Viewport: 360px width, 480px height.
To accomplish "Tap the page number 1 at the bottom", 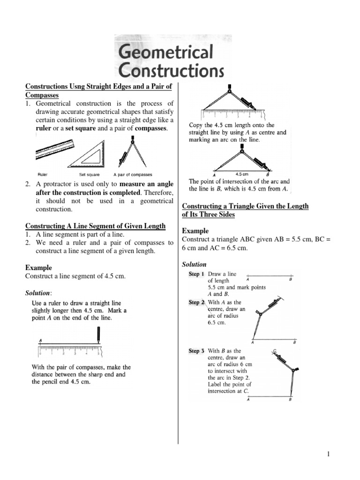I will [x=330, y=454].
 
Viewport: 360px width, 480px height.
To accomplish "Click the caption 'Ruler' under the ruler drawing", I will [x=42, y=174].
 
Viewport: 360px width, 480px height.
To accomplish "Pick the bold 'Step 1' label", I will [x=196, y=274].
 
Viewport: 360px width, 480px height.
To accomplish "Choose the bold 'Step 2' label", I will [x=196, y=303].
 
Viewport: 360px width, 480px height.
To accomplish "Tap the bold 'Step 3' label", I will [x=196, y=351].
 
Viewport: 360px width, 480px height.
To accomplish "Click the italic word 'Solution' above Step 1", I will [x=194, y=264].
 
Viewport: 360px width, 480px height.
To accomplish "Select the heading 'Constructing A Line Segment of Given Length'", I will [x=95, y=226].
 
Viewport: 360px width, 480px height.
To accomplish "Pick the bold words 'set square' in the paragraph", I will [x=78, y=128].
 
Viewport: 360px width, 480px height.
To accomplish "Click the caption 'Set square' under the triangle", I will [x=89, y=174].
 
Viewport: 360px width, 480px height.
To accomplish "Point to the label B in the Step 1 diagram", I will [x=291, y=279].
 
